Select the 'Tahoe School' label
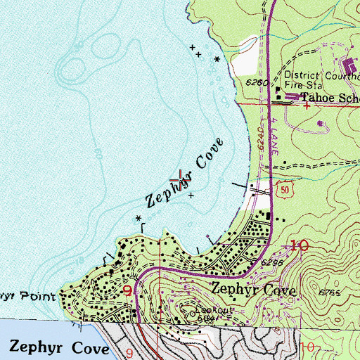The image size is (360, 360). point(330,98)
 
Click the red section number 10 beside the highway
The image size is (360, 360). point(298,245)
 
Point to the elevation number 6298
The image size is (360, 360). point(274,261)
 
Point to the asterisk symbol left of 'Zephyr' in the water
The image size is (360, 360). point(139,217)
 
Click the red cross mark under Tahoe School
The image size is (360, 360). point(308,106)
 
